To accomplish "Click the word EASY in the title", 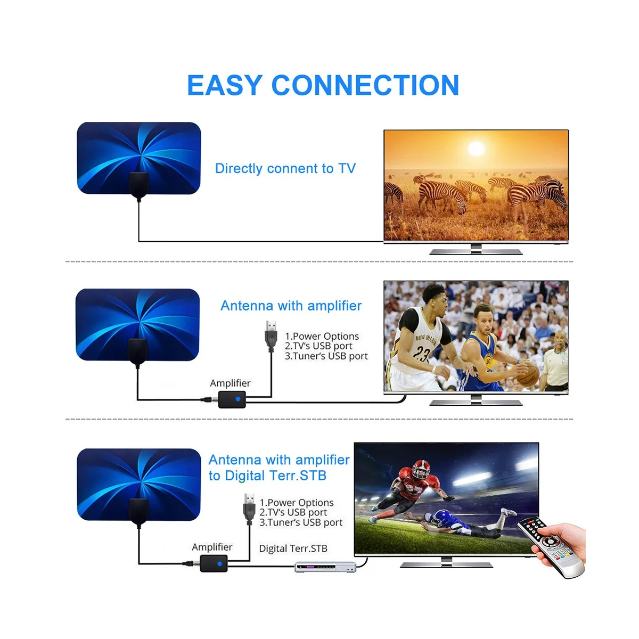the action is tap(225, 85).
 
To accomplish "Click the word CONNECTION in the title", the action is tap(365, 85).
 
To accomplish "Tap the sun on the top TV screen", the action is tap(476, 148).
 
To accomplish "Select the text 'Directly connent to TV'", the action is tap(285, 169).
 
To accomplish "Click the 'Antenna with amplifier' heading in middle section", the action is tap(291, 306).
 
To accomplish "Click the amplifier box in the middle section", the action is tap(232, 398).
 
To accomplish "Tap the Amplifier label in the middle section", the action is tap(230, 383).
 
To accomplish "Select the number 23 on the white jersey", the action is tap(422, 354).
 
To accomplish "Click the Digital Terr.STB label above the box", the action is tap(293, 548).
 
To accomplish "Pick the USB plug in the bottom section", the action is tap(249, 506).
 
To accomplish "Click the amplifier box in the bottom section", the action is tap(214, 563).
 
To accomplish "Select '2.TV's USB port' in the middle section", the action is tap(318, 346).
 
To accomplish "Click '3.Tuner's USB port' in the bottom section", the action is tap(301, 522).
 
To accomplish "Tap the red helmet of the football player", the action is tap(420, 468).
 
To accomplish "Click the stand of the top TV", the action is tap(476, 250).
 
